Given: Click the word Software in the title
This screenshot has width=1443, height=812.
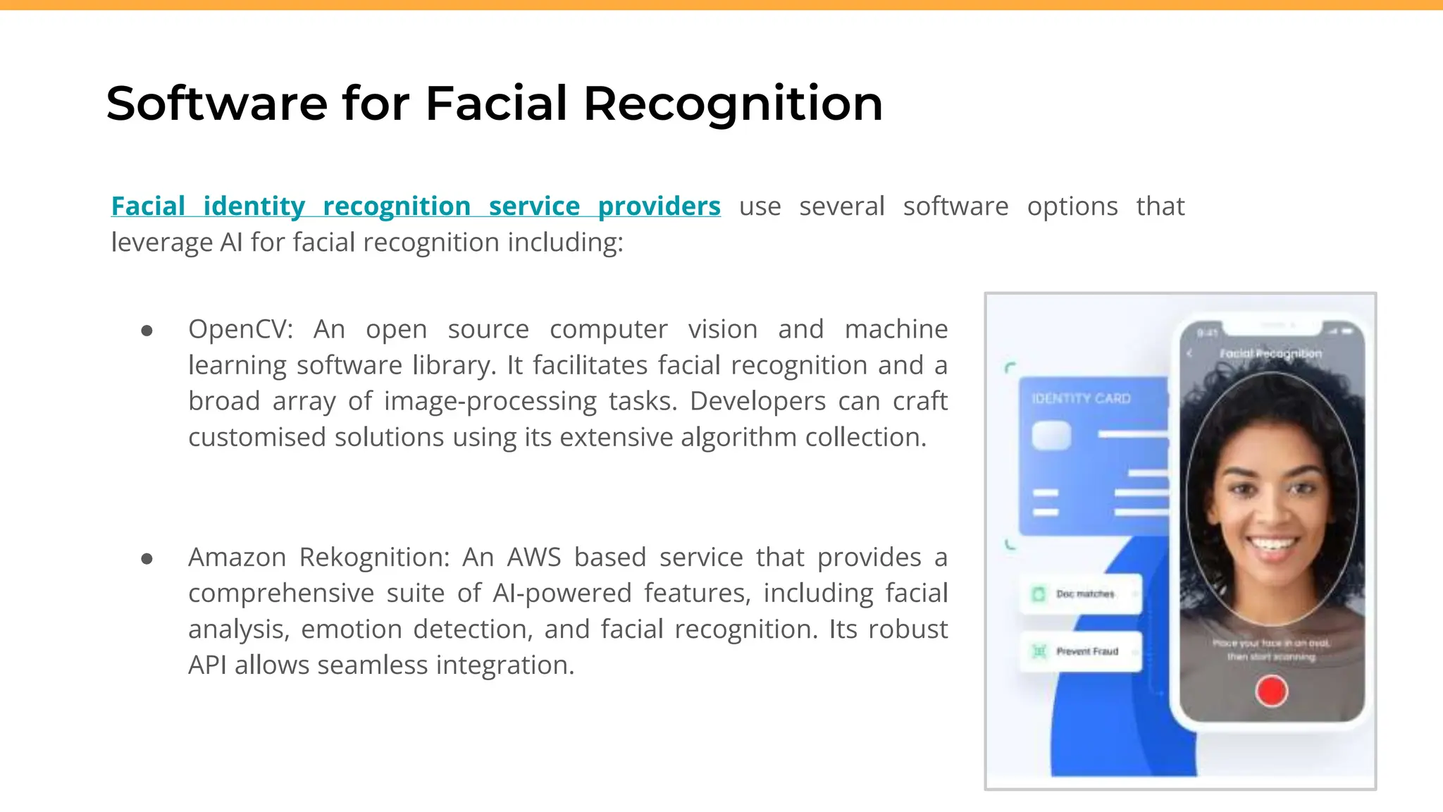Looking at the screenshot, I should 216,104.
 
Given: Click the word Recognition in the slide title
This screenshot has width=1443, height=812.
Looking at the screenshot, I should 733,104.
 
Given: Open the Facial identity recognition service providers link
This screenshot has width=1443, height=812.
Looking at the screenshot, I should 416,207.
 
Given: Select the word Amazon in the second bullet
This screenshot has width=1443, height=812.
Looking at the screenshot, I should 237,558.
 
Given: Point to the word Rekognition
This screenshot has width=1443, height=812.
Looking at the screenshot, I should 374,558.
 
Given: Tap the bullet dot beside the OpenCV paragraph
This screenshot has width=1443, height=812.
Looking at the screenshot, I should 147,331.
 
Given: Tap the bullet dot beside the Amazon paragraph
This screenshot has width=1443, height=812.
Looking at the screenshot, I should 147,559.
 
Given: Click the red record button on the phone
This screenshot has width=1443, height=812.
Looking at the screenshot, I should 1271,691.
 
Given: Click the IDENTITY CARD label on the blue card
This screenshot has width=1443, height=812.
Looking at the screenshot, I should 1081,399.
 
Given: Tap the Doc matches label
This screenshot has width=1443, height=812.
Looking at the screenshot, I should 1085,594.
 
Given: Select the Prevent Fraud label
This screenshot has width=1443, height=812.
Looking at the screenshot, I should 1087,651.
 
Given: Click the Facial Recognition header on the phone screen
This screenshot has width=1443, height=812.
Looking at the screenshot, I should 1270,353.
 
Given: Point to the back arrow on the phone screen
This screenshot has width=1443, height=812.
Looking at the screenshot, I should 1190,353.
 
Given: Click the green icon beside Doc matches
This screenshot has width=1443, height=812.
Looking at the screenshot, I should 1039,594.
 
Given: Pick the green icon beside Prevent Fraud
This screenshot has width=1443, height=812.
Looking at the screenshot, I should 1039,651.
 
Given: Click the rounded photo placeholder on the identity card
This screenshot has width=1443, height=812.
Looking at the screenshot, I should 1051,436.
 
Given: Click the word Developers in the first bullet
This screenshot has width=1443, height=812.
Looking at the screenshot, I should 757,401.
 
